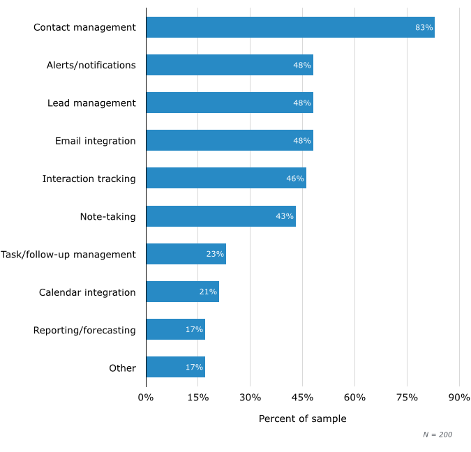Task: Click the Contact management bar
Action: coord(290,27)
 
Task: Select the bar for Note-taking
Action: coord(220,216)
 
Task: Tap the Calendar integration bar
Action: coord(182,292)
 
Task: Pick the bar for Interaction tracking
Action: coord(226,179)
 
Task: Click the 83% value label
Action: coord(424,28)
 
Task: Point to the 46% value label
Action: coord(295,179)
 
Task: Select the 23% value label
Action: coord(215,254)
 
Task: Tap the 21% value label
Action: coord(208,292)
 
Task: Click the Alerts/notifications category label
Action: coord(91,66)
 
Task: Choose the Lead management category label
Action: coord(91,103)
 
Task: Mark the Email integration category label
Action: coord(96,141)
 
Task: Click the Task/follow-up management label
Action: coord(68,254)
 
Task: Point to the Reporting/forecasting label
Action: coord(84,330)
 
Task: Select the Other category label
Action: coord(122,368)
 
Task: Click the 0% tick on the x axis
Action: coord(146,398)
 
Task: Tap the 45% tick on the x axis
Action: coord(302,398)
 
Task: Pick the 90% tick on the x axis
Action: coord(459,398)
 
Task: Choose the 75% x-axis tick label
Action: coord(407,398)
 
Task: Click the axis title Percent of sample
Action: coord(302,419)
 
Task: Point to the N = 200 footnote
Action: coord(438,435)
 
